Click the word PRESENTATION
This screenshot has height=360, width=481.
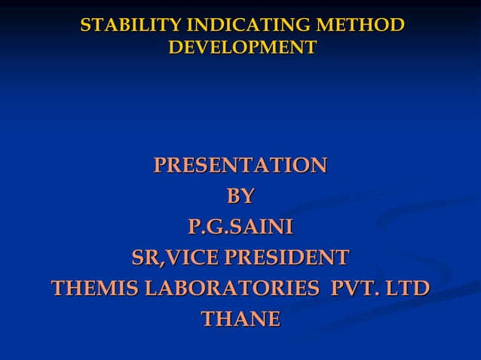click(240, 165)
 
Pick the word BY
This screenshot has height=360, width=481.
click(240, 197)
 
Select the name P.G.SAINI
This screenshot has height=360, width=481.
click(240, 227)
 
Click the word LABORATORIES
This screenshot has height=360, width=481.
click(229, 289)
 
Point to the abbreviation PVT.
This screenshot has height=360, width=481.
click(352, 289)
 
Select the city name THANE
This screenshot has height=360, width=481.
click(240, 319)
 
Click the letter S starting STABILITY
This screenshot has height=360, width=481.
click(85, 26)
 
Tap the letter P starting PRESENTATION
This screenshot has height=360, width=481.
click(160, 165)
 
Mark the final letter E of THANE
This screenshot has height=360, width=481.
click(273, 319)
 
